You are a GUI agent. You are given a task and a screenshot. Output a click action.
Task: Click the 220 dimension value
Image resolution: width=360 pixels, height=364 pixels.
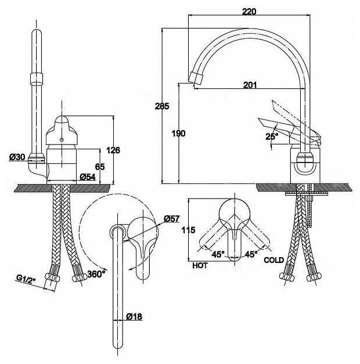click(x=249, y=12)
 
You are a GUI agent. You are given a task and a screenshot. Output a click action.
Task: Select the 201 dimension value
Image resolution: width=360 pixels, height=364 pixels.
click(x=250, y=85)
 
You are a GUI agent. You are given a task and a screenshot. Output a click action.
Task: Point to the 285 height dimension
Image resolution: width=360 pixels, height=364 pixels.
click(x=162, y=106)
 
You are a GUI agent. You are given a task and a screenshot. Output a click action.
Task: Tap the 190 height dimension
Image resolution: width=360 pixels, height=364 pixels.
click(x=178, y=134)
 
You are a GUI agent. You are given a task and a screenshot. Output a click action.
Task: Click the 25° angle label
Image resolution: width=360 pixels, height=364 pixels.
click(x=272, y=136)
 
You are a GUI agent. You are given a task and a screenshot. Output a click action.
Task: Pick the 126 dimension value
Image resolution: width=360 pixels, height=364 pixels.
click(x=113, y=150)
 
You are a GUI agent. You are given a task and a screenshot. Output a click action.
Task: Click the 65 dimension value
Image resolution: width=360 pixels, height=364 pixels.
click(x=100, y=167)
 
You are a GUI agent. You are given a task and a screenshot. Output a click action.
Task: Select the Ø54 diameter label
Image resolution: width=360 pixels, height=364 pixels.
click(x=88, y=177)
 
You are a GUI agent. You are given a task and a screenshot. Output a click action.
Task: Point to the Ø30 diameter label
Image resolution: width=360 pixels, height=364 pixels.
click(x=17, y=157)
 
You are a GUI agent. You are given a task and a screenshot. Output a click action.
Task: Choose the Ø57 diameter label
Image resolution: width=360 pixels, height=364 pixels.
click(x=172, y=218)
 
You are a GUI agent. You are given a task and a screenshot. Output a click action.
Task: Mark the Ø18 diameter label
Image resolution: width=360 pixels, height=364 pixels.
click(x=134, y=316)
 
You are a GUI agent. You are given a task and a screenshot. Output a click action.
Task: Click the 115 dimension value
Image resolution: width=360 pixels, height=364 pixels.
click(x=188, y=230)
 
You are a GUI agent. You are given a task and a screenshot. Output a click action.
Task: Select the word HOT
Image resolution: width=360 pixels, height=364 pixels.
click(x=200, y=265)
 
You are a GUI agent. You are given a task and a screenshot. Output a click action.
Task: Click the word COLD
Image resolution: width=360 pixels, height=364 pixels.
click(x=274, y=260)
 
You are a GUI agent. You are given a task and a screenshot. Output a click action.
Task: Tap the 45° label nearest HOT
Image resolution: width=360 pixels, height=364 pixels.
click(x=218, y=254)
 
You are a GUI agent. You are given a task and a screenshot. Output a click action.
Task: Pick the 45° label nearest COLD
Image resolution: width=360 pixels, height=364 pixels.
click(x=251, y=254)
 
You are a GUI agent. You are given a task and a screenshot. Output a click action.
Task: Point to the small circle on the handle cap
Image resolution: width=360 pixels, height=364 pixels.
click(x=62, y=139)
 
